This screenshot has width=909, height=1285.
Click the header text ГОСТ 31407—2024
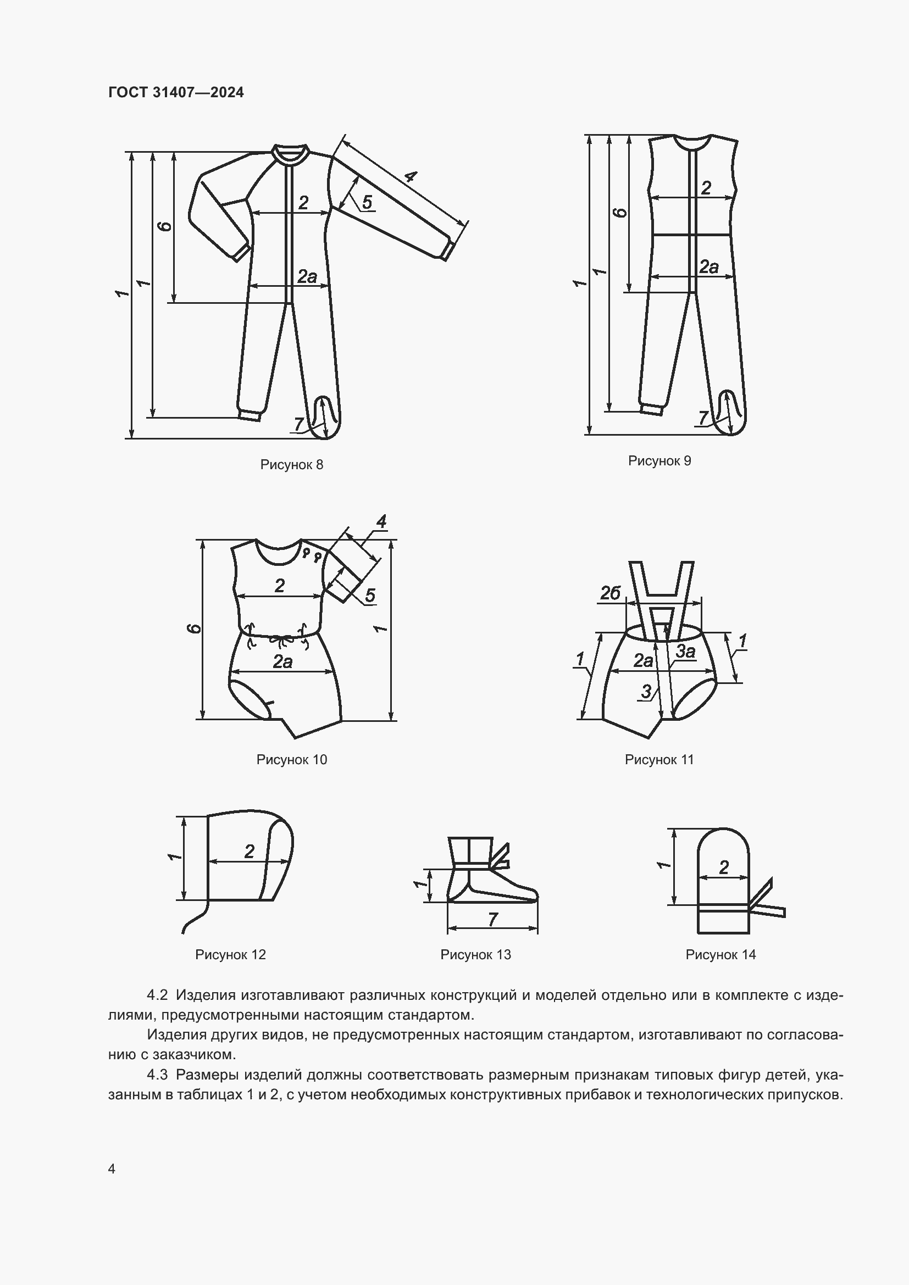[176, 92]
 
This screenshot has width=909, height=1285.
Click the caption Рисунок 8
[292, 465]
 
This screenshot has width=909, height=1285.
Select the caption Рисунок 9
[659, 460]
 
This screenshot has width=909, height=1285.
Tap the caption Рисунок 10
[292, 759]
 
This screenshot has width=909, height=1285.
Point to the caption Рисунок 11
[659, 759]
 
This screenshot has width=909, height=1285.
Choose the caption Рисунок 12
[230, 954]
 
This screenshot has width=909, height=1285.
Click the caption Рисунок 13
[475, 954]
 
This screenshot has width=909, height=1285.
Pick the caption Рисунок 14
[720, 954]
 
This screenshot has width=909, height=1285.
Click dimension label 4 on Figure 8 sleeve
[411, 177]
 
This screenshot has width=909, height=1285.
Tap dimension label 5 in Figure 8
[367, 202]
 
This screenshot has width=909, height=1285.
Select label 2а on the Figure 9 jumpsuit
[708, 266]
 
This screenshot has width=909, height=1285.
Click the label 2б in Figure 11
[610, 593]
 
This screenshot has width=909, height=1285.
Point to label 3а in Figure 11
[686, 651]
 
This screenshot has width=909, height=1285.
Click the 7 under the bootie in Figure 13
[492, 919]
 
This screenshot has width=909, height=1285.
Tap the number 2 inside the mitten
[724, 867]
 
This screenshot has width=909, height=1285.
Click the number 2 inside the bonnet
[249, 851]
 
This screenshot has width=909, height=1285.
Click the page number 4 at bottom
[112, 1169]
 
